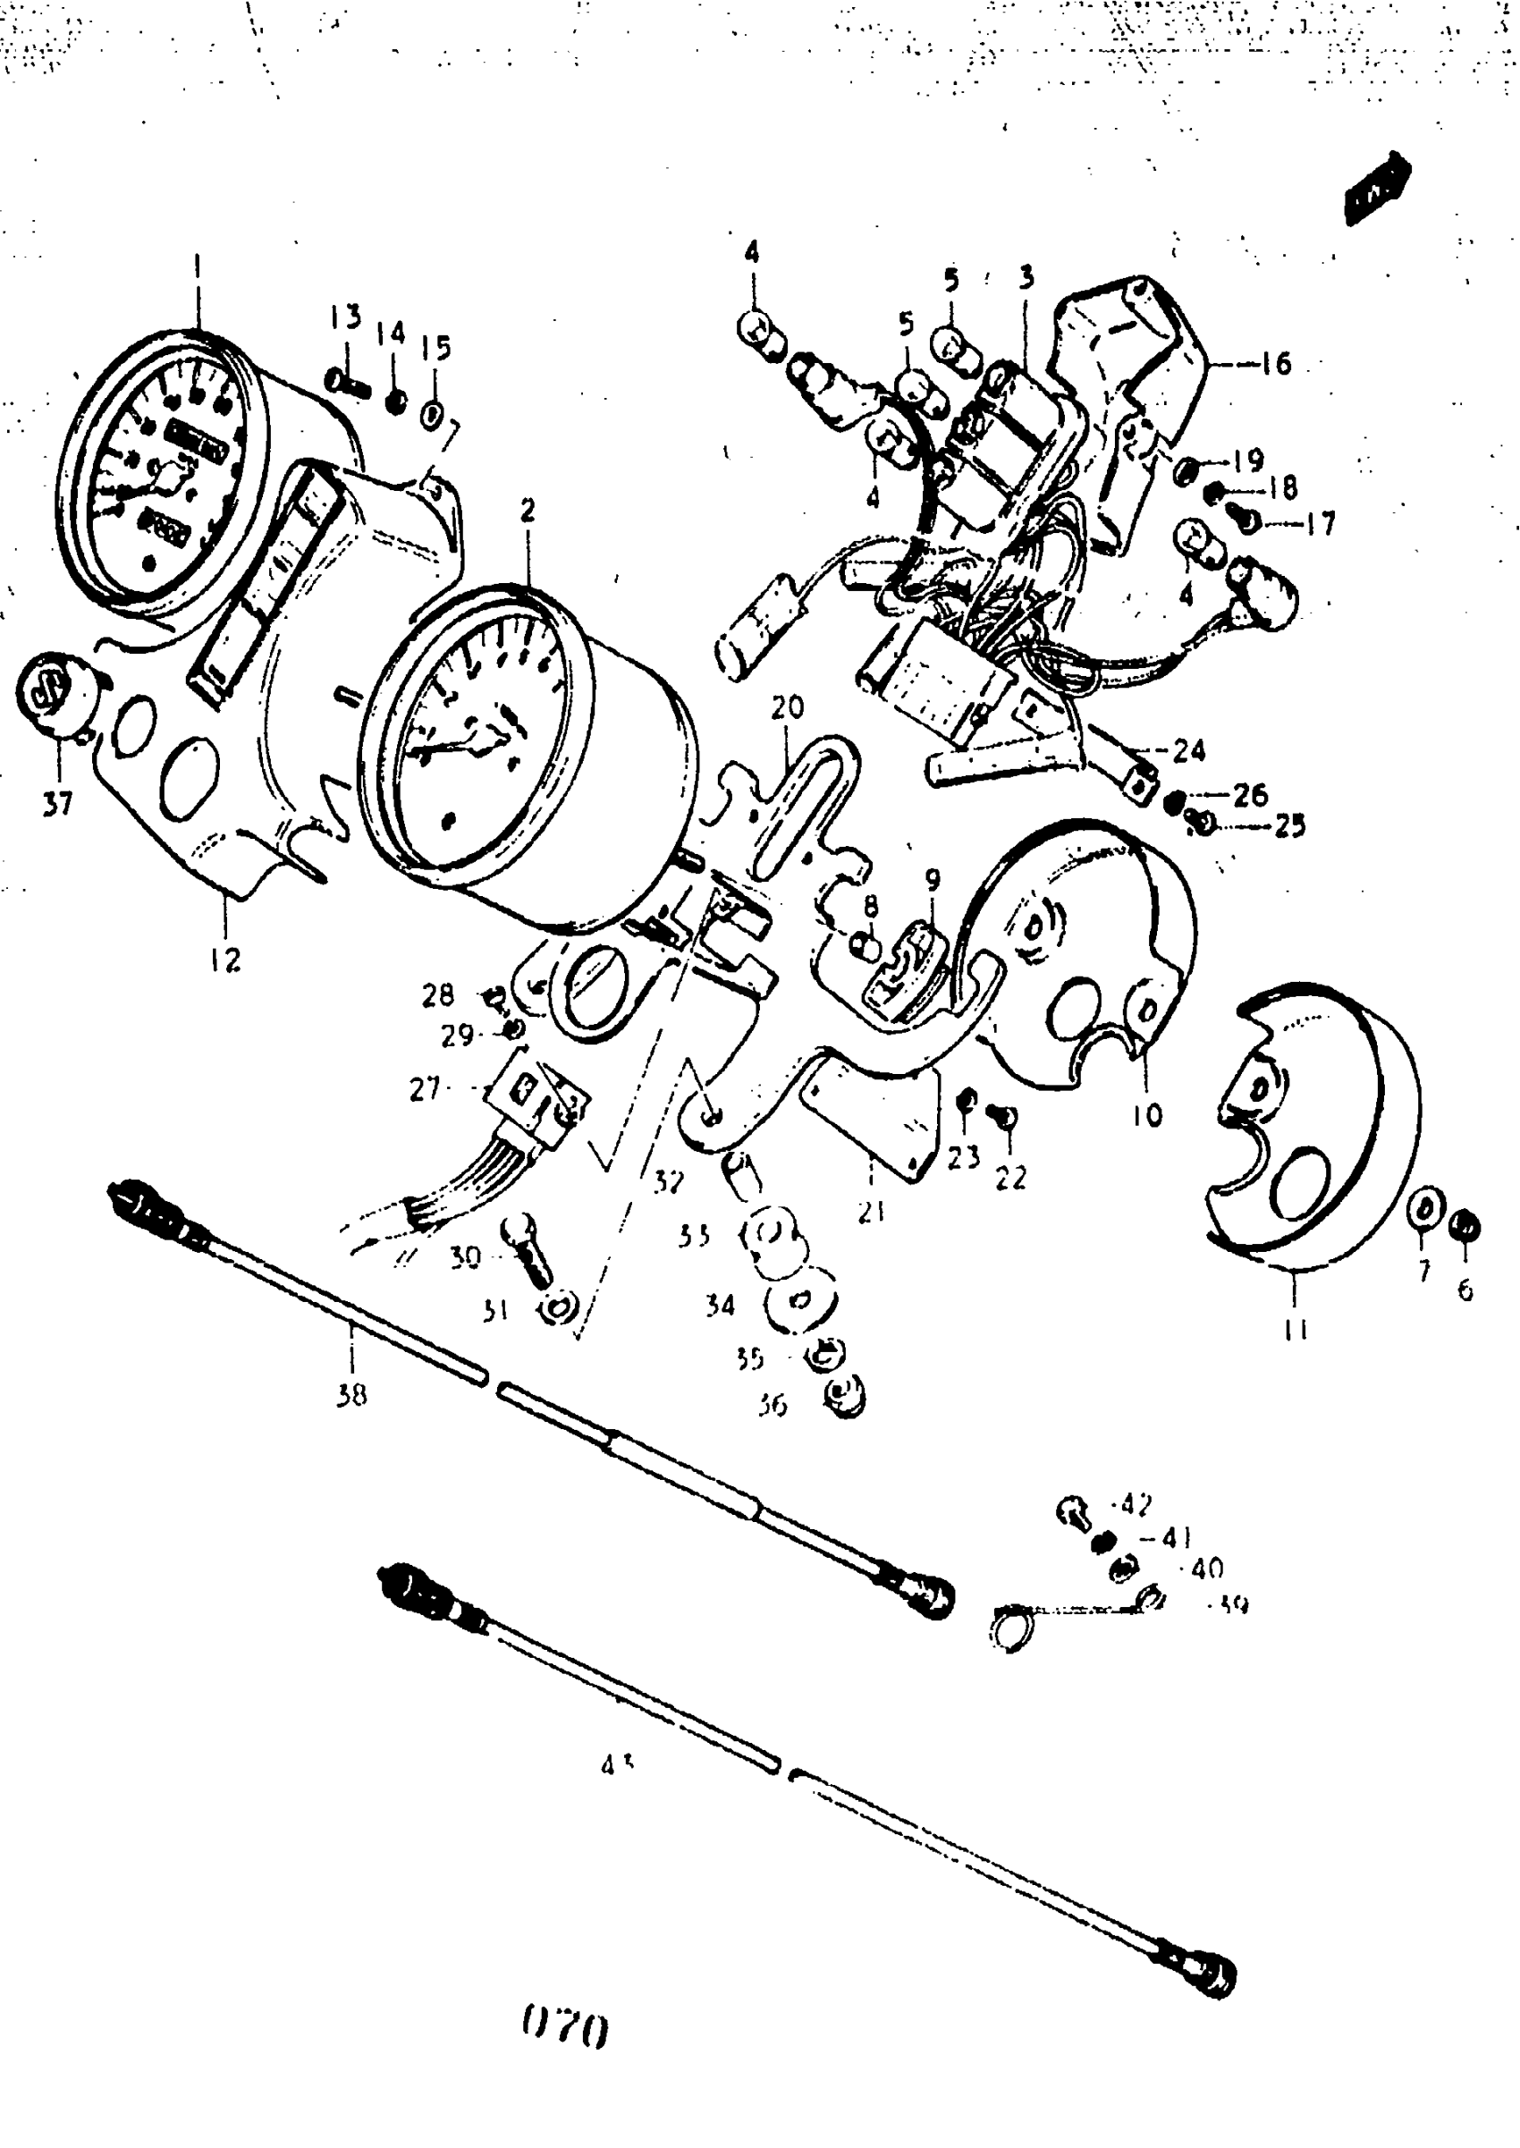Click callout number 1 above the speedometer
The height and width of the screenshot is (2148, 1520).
(x=197, y=266)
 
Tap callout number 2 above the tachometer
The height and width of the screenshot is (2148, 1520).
(x=528, y=511)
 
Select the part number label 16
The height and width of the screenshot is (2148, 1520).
(x=1275, y=363)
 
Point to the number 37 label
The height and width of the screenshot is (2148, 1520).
(x=57, y=803)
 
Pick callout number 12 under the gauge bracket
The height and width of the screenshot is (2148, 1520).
(x=224, y=960)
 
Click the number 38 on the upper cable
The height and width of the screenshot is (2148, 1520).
(x=352, y=1394)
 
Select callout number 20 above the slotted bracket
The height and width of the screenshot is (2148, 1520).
(x=787, y=707)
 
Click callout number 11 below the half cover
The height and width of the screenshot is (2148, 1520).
(x=1296, y=1330)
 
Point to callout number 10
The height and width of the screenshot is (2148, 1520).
(x=1146, y=1113)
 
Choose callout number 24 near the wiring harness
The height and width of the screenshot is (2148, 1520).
(x=1188, y=750)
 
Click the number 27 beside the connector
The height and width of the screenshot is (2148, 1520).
(x=425, y=1088)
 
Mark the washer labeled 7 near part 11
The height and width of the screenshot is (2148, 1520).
(x=1424, y=1209)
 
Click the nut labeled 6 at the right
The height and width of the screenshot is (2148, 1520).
(x=1465, y=1224)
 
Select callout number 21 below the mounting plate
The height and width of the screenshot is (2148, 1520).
(x=872, y=1212)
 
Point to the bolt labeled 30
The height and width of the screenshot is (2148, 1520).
(x=528, y=1244)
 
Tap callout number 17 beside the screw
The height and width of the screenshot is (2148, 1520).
(x=1320, y=524)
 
